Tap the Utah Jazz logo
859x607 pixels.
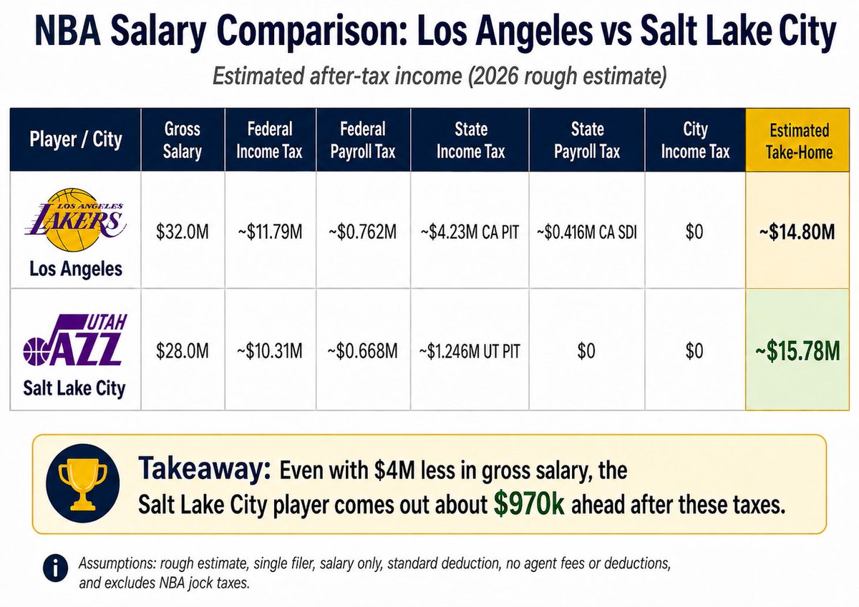(75, 340)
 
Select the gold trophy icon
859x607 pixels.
(83, 483)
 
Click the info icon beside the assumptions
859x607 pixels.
(56, 568)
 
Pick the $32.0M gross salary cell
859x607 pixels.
(183, 232)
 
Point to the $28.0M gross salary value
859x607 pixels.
(183, 351)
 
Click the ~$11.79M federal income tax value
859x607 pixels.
(270, 232)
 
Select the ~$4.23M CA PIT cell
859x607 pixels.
(470, 232)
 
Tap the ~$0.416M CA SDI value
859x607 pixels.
(587, 232)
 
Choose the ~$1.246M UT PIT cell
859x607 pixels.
(470, 351)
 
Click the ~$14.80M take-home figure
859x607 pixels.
(797, 232)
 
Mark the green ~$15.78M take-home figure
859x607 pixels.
(797, 351)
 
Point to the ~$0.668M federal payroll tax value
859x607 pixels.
(363, 351)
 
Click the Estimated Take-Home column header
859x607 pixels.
(799, 141)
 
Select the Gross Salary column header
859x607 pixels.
(182, 140)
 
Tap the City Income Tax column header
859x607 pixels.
(695, 140)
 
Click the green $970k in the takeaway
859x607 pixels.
(529, 504)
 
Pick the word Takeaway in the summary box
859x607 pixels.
(205, 469)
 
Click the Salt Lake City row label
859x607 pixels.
(74, 388)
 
